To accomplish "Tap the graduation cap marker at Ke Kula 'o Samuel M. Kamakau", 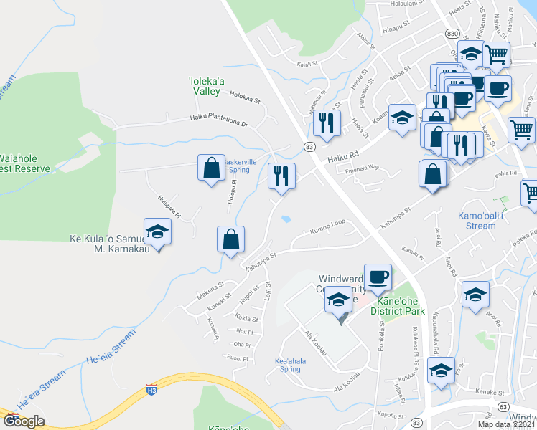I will pyautogui.click(x=157, y=231).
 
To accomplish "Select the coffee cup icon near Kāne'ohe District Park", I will pyautogui.click(x=378, y=277).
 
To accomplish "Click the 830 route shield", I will pyautogui.click(x=452, y=34).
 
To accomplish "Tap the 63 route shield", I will pyautogui.click(x=502, y=406).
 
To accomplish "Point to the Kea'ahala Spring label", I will pyautogui.click(x=290, y=365).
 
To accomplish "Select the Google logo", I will pyautogui.click(x=24, y=421).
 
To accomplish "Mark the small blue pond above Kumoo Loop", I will pyautogui.click(x=286, y=219).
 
